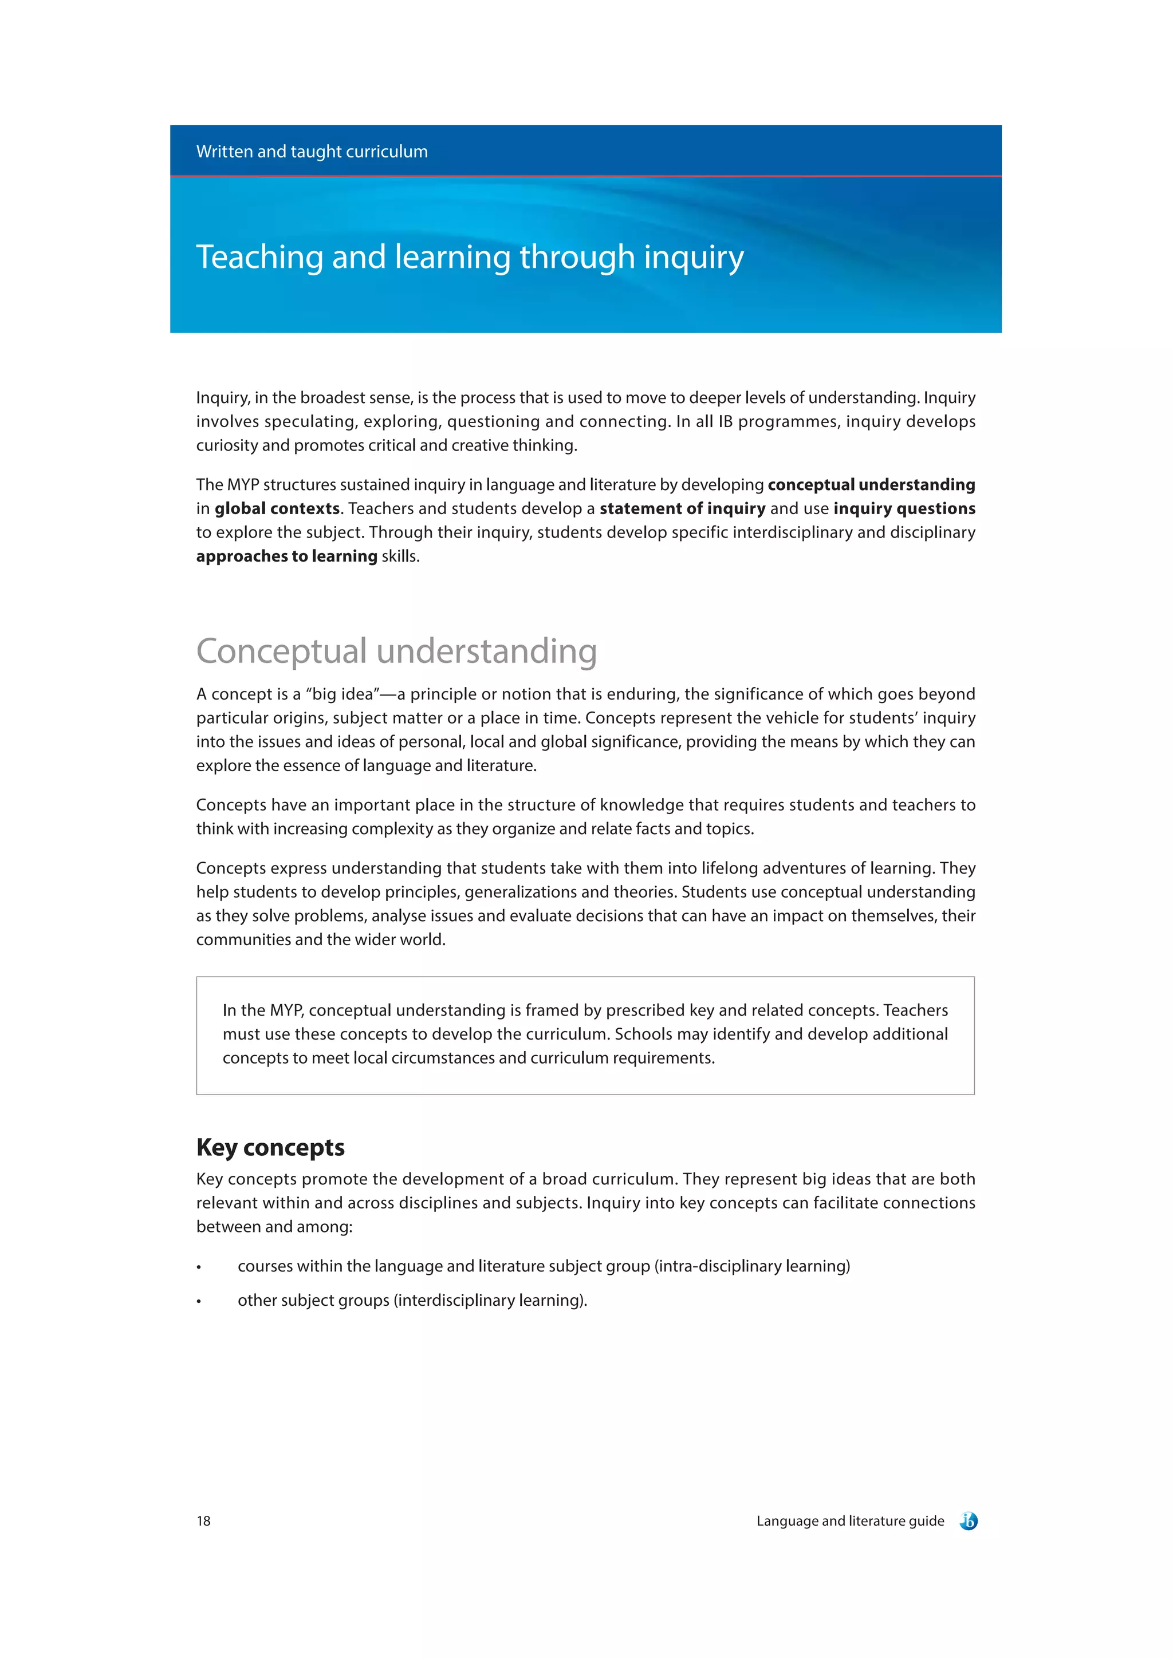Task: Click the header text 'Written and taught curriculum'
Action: coord(312,152)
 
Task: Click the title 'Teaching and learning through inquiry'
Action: coord(469,257)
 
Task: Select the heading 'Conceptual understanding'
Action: coord(396,651)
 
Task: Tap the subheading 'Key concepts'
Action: coord(270,1147)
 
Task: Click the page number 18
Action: coord(204,1521)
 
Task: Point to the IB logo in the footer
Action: coord(969,1521)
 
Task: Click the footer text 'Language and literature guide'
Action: coord(850,1521)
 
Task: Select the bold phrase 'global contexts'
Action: coord(277,509)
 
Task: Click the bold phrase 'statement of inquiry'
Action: coord(682,509)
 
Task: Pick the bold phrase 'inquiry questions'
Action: coord(904,509)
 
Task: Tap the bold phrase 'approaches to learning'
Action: coord(287,556)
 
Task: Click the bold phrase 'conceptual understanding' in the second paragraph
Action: coord(871,485)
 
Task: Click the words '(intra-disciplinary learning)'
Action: coord(751,1267)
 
